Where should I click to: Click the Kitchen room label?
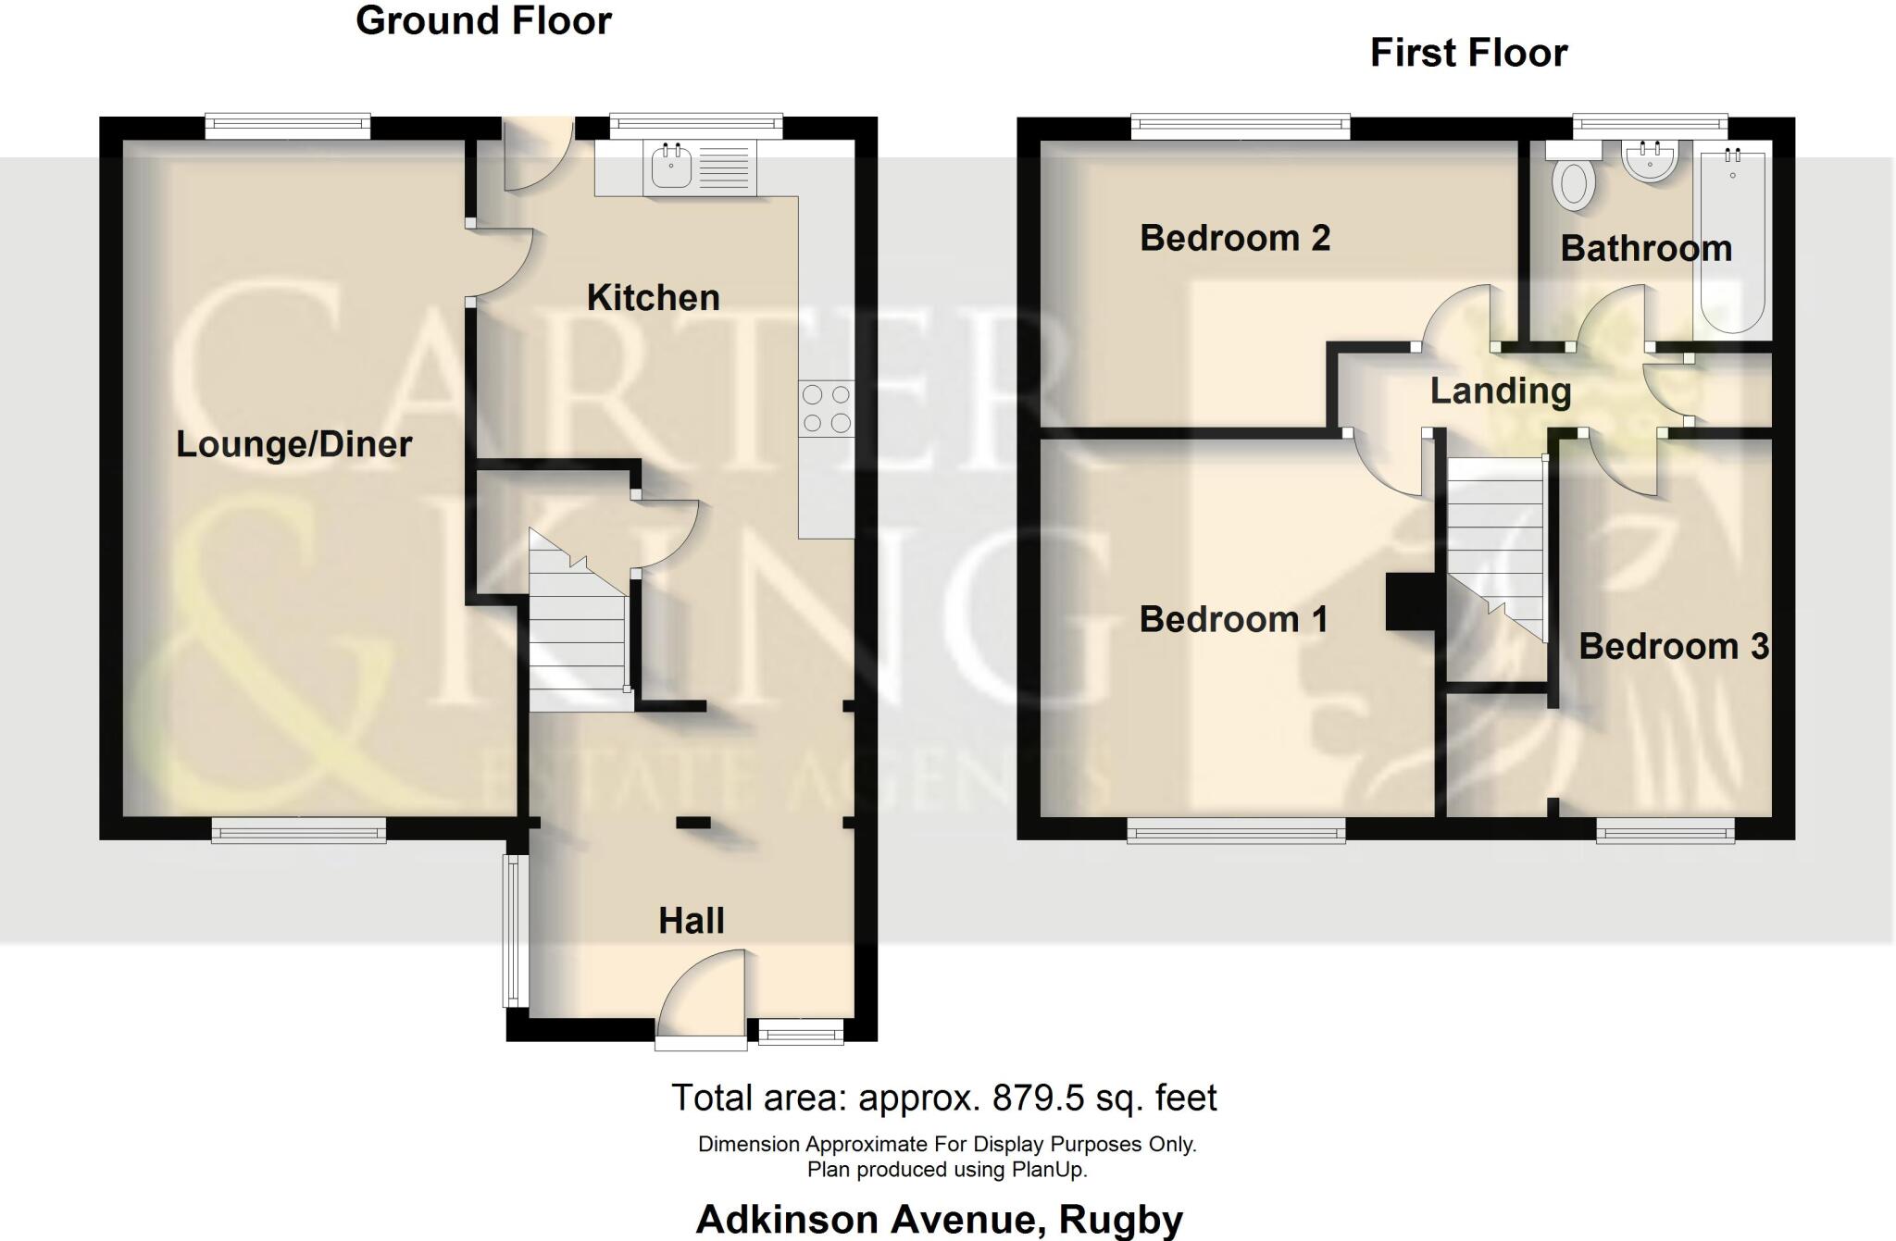click(653, 298)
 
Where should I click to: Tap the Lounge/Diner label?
click(293, 444)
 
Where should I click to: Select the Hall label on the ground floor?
click(691, 921)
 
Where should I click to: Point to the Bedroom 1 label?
click(1233, 619)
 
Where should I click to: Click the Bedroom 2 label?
click(1235, 239)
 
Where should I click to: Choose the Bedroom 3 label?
click(1673, 646)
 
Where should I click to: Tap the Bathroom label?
click(1646, 249)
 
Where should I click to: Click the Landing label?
click(1501, 391)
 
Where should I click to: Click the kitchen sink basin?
click(672, 168)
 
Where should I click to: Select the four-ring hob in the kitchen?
click(826, 409)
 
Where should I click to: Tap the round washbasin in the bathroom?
click(1650, 162)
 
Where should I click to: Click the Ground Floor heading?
click(483, 20)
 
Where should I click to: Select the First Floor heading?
click(1468, 53)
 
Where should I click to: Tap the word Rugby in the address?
click(1120, 1220)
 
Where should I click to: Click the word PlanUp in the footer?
click(1048, 1170)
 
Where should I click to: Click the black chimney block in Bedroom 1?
click(1409, 602)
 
